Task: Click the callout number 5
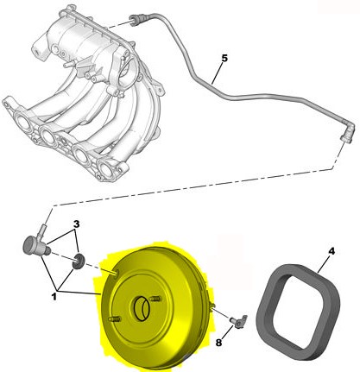click(224, 58)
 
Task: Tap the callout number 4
click(332, 251)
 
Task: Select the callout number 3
click(76, 224)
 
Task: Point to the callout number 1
click(54, 297)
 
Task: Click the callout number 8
click(218, 343)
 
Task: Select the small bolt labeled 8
click(238, 321)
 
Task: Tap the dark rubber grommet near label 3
click(78, 262)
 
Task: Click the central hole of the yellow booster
click(142, 309)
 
